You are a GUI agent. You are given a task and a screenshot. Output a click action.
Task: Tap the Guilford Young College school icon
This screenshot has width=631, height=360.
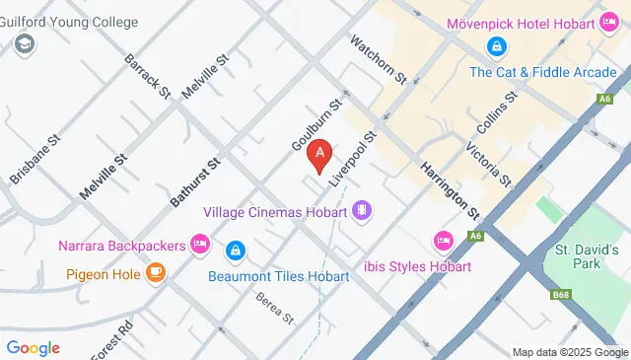pyautogui.click(x=25, y=43)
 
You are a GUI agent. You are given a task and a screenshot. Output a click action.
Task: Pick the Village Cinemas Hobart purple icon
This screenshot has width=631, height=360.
pyautogui.click(x=363, y=210)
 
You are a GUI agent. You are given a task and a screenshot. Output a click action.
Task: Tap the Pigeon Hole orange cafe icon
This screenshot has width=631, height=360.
pyautogui.click(x=155, y=273)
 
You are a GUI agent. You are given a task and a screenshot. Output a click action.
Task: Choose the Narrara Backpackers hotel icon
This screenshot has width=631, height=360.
pyautogui.click(x=200, y=242)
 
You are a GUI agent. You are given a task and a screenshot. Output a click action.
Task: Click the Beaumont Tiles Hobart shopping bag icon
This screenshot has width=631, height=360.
pyautogui.click(x=235, y=252)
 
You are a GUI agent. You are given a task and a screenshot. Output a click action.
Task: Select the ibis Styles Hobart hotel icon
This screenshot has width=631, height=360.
pyautogui.click(x=443, y=241)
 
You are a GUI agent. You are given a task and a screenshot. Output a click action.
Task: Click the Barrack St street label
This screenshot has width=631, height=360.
pyautogui.click(x=147, y=75)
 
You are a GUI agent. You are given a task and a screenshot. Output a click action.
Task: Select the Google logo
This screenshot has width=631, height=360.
pyautogui.click(x=33, y=347)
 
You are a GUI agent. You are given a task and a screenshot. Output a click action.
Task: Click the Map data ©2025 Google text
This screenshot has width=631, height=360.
pyautogui.click(x=570, y=352)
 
